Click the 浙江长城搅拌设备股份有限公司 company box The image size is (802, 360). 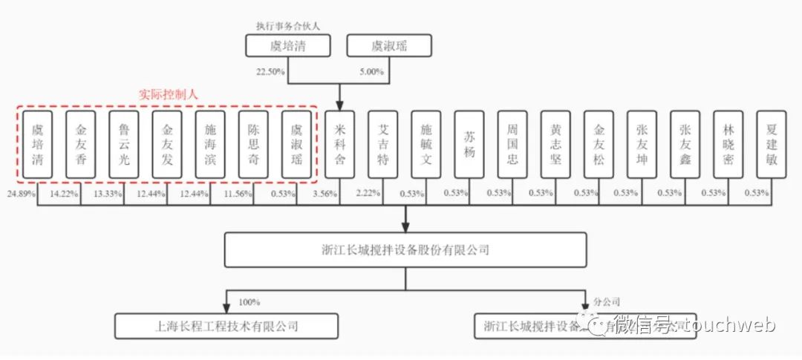(x=405, y=250)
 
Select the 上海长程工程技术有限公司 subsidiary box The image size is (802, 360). (x=226, y=326)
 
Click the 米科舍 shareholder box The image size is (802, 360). (x=339, y=145)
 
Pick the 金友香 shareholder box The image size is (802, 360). (x=80, y=145)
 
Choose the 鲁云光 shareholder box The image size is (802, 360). (x=123, y=145)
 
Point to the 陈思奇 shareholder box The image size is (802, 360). (x=253, y=145)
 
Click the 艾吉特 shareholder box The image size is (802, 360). (x=383, y=145)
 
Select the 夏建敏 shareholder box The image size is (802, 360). (x=772, y=145)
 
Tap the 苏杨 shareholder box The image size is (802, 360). (x=469, y=145)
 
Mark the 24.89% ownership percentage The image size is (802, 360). (x=22, y=194)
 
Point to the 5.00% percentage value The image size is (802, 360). (x=371, y=72)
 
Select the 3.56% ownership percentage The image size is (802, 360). (x=325, y=194)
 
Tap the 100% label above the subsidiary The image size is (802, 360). (x=248, y=302)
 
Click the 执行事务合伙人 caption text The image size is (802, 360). (x=287, y=26)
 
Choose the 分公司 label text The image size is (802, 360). (x=606, y=302)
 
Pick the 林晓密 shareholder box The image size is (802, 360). (x=728, y=145)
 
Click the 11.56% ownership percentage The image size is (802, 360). (x=238, y=194)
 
